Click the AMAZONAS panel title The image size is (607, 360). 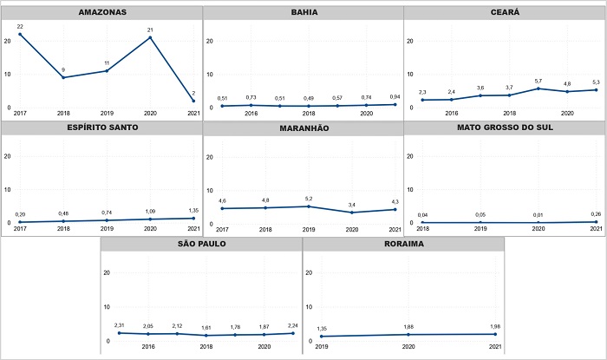click(101, 13)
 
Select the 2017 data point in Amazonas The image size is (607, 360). click(19, 34)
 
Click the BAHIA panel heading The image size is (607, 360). click(303, 13)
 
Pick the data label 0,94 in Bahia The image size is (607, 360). click(395, 97)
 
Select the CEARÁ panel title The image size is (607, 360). click(504, 13)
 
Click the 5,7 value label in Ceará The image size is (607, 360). click(538, 81)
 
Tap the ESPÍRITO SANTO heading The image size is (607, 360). click(101, 128)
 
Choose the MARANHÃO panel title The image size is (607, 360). click(303, 128)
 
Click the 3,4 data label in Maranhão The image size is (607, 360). click(352, 205)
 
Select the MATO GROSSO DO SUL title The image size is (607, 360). click(504, 128)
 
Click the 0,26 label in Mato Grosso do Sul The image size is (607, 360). click(597, 214)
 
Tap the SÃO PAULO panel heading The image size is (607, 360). click(201, 244)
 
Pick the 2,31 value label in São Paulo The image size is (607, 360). click(120, 325)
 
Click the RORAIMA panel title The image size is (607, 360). click(402, 244)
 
